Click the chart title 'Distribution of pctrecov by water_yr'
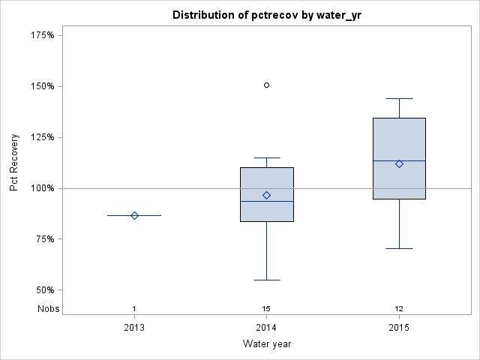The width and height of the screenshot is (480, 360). [x=266, y=15]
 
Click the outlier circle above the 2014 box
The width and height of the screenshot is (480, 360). [x=266, y=85]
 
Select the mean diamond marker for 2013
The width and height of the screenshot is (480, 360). [x=134, y=215]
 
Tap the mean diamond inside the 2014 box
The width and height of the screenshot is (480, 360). [x=266, y=195]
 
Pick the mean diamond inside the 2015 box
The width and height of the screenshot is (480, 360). [x=399, y=163]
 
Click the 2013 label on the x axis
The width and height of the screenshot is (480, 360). [x=134, y=328]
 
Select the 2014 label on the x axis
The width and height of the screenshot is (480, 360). [x=266, y=328]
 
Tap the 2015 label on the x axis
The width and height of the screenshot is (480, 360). [x=399, y=328]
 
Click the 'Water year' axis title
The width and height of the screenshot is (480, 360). [x=266, y=344]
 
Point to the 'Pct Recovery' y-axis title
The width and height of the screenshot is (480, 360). [x=15, y=163]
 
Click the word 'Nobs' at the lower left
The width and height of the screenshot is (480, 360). [x=48, y=309]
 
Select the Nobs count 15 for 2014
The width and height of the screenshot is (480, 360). [x=266, y=309]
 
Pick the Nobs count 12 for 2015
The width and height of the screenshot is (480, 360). [x=399, y=309]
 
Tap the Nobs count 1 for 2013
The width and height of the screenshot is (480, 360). [x=134, y=309]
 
